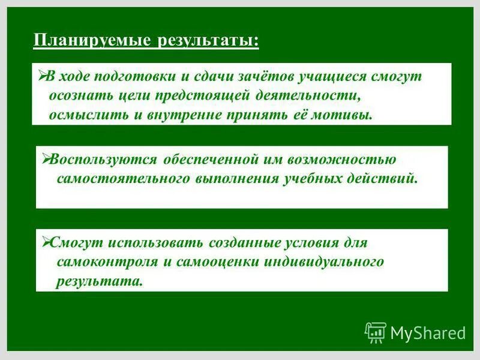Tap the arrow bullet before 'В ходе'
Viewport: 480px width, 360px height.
[42, 76]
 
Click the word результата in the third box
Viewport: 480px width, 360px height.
[100, 281]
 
